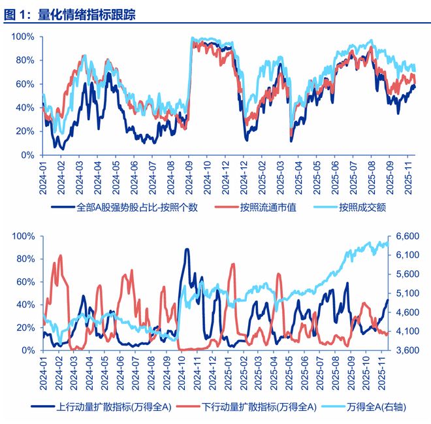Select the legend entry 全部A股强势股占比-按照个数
click(x=137, y=208)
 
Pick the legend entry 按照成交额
click(x=365, y=208)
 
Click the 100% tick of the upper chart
click(x=23, y=37)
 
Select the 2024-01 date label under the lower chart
click(x=44, y=372)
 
